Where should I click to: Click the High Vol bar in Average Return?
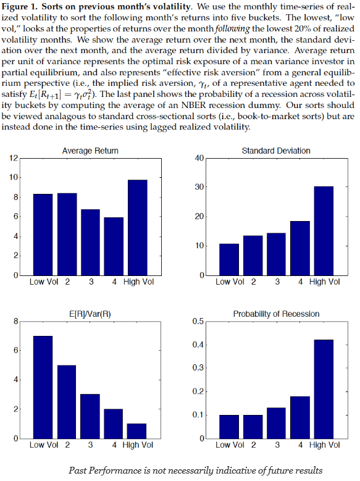click(x=138, y=228)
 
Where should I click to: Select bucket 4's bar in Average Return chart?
click(x=114, y=246)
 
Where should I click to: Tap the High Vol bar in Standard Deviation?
click(x=324, y=231)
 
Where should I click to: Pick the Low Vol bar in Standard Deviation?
click(x=229, y=259)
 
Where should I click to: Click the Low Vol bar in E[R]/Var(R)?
click(x=43, y=387)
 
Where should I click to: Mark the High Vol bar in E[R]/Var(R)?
click(x=136, y=431)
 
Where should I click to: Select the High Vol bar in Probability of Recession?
click(x=324, y=389)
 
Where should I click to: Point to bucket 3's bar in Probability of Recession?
click(x=276, y=423)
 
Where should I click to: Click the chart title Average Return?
click(x=90, y=151)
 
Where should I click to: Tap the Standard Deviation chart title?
click(x=276, y=151)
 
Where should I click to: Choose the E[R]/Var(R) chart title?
click(x=90, y=314)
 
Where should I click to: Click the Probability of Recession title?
click(x=276, y=314)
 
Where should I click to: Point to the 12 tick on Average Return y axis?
click(x=14, y=158)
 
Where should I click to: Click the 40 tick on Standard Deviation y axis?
click(x=199, y=158)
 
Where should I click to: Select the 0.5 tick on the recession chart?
click(x=198, y=322)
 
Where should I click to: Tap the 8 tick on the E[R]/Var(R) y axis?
click(x=16, y=322)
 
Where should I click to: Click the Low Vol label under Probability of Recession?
click(x=230, y=445)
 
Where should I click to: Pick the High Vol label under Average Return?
click(x=139, y=282)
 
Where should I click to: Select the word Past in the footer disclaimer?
click(x=76, y=471)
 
